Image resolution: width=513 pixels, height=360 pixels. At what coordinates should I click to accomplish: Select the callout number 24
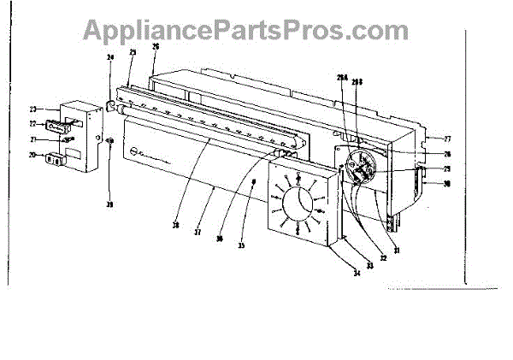click(x=109, y=58)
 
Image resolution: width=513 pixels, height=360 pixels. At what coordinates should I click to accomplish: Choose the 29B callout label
click(x=357, y=82)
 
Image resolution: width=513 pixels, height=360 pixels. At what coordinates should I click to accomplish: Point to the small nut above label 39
click(x=109, y=189)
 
